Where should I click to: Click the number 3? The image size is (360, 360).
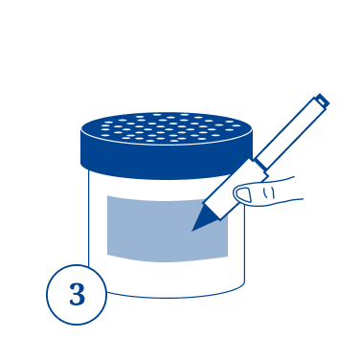[77, 294]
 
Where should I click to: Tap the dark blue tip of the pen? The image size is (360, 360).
[205, 219]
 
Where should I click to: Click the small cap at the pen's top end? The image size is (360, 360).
[322, 101]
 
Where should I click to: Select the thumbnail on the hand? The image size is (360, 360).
[245, 194]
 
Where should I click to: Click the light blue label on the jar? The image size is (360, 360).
[168, 228]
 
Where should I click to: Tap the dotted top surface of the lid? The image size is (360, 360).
[166, 127]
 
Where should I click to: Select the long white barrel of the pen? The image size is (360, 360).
[291, 130]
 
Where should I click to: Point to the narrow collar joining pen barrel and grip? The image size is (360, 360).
[261, 167]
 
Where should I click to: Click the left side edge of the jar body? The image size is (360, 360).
[88, 217]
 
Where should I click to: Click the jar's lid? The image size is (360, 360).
[167, 146]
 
